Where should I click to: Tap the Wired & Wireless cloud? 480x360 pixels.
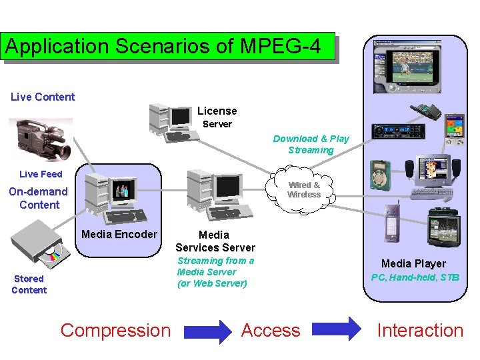(x=303, y=191)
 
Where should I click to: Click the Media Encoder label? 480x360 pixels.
(x=119, y=234)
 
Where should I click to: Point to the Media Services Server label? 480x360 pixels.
(x=215, y=241)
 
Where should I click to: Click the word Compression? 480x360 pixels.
(x=115, y=330)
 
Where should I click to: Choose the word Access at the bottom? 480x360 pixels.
(x=271, y=330)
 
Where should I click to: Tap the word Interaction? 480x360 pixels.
(x=420, y=330)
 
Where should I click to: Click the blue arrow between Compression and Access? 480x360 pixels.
(x=207, y=331)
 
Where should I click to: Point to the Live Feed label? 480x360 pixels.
(x=41, y=174)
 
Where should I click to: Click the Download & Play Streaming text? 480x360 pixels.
(x=311, y=144)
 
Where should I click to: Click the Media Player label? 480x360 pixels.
(x=413, y=263)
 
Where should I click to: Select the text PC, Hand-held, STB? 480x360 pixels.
(x=415, y=277)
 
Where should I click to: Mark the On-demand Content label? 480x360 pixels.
(x=39, y=198)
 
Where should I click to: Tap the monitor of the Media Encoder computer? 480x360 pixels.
(x=123, y=191)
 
